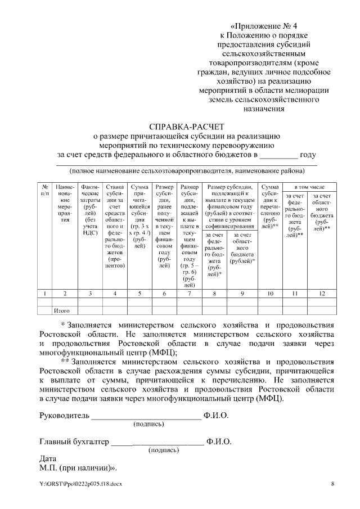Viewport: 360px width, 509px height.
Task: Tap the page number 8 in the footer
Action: pyautogui.click(x=332, y=484)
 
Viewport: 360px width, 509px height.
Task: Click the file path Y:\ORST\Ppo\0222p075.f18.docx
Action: pyautogui.click(x=80, y=484)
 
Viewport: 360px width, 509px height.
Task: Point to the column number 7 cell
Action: pyautogui.click(x=190, y=293)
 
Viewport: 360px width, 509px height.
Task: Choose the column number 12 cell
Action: pyautogui.click(x=322, y=293)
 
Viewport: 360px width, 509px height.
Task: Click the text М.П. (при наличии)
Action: pyautogui.click(x=78, y=467)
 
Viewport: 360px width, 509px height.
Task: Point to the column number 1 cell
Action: pyautogui.click(x=44, y=293)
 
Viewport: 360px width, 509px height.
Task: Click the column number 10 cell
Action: pyautogui.click(x=270, y=293)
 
